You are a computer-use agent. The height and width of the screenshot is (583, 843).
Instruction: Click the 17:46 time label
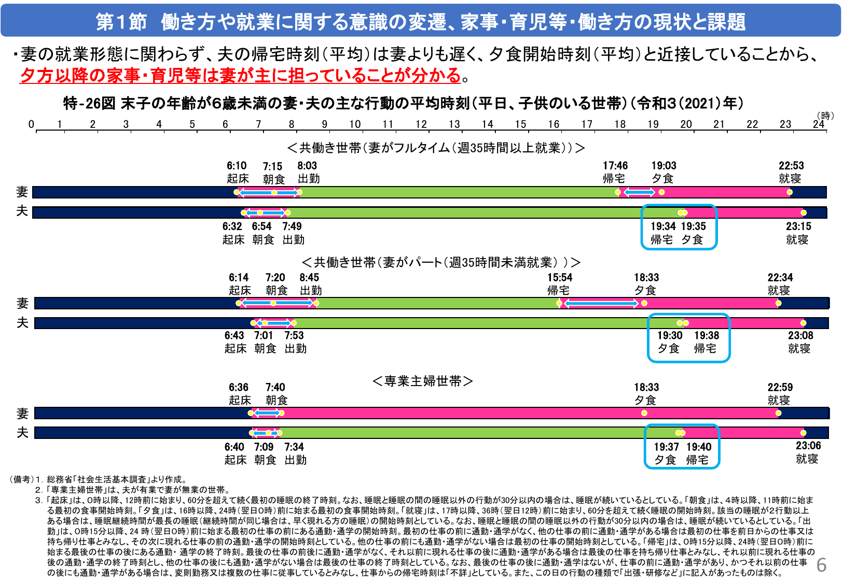[x=615, y=166]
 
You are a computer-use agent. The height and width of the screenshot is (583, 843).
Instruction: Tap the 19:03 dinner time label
[x=664, y=166]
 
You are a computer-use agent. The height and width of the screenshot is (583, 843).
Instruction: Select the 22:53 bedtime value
[x=791, y=166]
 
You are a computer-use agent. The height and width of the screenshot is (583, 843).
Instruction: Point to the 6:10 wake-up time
[x=237, y=166]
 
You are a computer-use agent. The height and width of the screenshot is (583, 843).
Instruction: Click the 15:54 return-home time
[x=559, y=278]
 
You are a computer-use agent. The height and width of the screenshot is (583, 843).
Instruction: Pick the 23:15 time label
[x=798, y=226]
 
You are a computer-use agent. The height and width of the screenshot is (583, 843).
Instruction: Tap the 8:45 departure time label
[x=309, y=278]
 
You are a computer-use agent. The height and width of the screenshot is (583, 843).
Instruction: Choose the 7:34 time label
[x=294, y=447]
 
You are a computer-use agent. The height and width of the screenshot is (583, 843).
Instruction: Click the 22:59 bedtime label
[x=780, y=388]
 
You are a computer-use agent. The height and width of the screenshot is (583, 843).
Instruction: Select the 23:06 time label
[x=808, y=446]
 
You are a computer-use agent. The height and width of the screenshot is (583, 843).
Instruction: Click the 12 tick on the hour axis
[x=421, y=124]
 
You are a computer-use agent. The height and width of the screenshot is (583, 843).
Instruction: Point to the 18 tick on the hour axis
[x=620, y=124]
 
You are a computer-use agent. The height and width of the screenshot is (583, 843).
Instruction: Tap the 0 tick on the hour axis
[x=32, y=124]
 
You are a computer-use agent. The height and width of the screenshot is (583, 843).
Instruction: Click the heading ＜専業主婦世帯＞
[x=423, y=381]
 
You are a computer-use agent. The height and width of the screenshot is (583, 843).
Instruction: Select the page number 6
[x=821, y=565]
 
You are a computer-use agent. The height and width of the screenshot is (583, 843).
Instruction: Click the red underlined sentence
[x=240, y=76]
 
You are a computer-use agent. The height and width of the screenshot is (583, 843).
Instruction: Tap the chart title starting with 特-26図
[x=403, y=103]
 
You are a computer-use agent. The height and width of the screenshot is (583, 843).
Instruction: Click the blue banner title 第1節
[x=421, y=22]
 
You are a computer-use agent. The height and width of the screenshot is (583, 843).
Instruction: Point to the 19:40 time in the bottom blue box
[x=699, y=447]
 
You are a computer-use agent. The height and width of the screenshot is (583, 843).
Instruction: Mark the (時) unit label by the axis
[x=825, y=116]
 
